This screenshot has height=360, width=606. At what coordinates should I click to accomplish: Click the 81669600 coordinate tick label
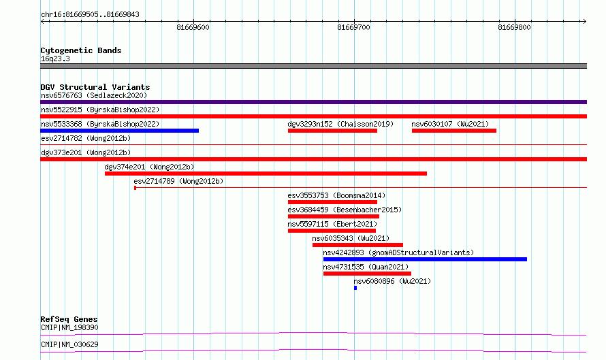pos(193,27)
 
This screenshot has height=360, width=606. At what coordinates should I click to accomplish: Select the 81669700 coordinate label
pos(353,27)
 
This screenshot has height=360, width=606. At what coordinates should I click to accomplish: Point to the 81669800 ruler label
pos(514,27)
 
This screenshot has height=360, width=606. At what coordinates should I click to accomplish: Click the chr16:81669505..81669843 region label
pos(90,15)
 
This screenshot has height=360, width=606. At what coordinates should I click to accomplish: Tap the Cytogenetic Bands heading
pos(81,50)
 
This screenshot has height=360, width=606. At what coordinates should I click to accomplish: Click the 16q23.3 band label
pos(55,59)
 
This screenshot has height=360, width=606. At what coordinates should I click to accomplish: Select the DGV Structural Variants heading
pos(95,87)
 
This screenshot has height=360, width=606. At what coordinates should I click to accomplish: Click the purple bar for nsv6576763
pos(313,102)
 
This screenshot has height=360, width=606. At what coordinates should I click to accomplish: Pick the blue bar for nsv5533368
pos(119,131)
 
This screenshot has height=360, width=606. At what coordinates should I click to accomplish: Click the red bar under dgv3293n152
pos(332,131)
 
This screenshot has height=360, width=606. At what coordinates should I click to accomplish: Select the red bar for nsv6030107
pos(454,131)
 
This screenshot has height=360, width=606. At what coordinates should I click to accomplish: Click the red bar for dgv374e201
pos(266,174)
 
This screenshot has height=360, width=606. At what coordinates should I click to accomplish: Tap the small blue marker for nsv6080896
pos(355,288)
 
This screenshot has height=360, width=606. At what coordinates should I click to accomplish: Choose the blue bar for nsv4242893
pos(425,259)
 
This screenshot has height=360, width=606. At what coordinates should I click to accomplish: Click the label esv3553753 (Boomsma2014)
pos(336,195)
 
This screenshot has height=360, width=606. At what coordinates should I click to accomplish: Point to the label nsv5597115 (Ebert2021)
pos(332,224)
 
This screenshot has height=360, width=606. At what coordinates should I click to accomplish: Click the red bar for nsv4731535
pos(367,274)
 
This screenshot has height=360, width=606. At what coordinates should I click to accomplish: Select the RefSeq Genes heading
pos(69,319)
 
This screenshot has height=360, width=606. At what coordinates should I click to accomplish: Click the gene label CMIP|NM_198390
pos(69,327)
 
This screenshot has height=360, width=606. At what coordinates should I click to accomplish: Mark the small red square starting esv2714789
pos(135,188)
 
